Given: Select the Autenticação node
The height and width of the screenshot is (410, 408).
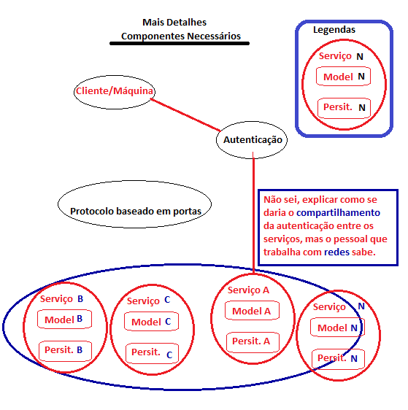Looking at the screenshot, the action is click(252, 140).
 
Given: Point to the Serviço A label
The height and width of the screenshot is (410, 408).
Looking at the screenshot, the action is click(248, 290).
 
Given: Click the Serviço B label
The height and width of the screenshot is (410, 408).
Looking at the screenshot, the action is click(61, 299).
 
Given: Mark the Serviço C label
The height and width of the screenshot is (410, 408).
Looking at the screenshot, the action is click(149, 301).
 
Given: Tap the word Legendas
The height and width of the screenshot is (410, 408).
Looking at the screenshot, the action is click(334, 30).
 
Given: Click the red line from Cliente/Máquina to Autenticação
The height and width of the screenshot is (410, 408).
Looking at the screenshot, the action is click(185, 115).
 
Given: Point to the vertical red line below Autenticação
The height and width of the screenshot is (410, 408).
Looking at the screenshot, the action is click(253, 213).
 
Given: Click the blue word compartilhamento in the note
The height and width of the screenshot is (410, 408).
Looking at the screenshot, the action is click(338, 213).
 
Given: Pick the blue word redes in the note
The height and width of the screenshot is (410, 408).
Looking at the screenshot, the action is click(337, 252).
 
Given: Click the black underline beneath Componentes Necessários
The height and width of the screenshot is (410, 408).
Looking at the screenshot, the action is click(180, 43).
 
